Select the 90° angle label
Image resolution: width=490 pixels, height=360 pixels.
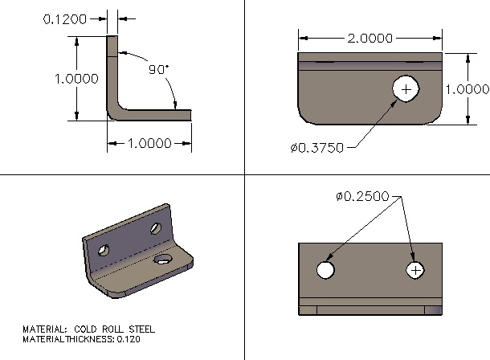click(157, 70)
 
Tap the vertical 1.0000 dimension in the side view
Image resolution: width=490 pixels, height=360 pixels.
click(76, 79)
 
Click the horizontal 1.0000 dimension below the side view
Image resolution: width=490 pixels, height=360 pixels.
click(150, 144)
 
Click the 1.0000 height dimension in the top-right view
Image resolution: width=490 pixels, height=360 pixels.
click(468, 89)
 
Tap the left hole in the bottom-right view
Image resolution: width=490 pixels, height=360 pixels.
click(325, 270)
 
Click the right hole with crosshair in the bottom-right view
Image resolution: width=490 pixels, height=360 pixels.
click(415, 270)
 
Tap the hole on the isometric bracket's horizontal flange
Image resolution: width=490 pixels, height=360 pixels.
click(164, 259)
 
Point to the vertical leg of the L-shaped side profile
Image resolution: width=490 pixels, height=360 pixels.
click(112, 72)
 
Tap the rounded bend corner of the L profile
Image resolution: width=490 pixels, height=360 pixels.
click(115, 113)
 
